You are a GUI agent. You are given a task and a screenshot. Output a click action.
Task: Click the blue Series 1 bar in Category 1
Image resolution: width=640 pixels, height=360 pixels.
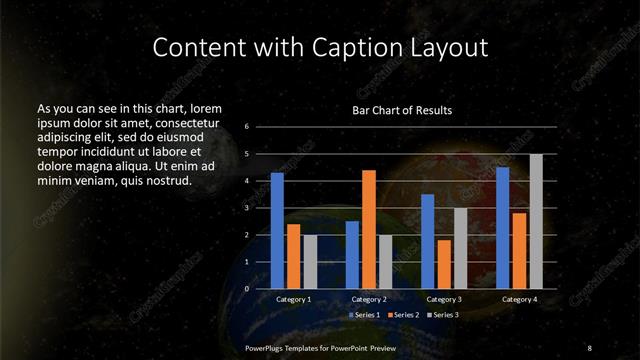[x=277, y=231]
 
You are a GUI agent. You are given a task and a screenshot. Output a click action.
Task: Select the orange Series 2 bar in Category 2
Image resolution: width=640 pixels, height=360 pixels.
[x=369, y=229]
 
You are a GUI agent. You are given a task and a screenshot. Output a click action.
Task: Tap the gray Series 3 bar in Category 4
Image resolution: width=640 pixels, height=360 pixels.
[x=536, y=221]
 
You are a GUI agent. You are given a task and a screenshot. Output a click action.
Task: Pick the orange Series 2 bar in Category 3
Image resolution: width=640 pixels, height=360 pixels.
[x=444, y=264]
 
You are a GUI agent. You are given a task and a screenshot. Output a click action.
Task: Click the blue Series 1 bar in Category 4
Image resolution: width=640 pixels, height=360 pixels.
[x=503, y=228]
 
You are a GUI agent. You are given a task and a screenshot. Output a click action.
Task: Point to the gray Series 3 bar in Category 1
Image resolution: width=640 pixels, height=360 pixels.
[x=310, y=262]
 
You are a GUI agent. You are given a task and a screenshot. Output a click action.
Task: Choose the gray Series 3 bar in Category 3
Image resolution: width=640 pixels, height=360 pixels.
[x=460, y=248]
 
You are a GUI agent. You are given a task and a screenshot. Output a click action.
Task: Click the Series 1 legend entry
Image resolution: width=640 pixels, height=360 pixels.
[x=362, y=315]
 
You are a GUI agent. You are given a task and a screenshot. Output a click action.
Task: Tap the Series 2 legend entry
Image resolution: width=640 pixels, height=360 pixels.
[x=404, y=315]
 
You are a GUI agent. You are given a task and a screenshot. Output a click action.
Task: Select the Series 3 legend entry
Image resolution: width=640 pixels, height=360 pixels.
[x=444, y=315]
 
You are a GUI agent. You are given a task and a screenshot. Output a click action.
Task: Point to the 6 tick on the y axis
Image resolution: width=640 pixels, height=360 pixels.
[x=247, y=127]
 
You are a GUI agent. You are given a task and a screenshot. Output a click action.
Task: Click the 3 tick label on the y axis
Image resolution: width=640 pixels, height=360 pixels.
[x=247, y=208]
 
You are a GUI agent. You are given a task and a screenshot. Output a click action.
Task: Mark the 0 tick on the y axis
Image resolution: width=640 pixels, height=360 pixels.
[x=247, y=289]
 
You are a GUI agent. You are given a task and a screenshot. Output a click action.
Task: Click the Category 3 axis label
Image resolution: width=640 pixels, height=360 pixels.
[x=444, y=299]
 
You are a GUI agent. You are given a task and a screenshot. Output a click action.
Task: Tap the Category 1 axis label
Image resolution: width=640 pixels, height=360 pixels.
[x=293, y=299]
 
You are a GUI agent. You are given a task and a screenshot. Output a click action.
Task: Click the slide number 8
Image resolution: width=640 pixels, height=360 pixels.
[x=589, y=347]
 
